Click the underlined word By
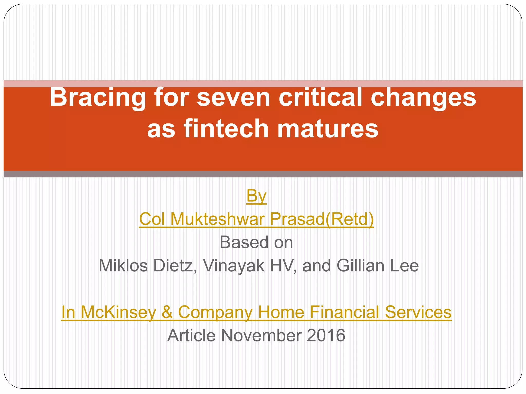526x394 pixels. [x=256, y=196]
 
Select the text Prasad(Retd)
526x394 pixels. [x=322, y=219]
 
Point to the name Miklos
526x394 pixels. [x=123, y=266]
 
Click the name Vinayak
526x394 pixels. [x=233, y=266]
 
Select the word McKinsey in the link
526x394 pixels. [x=118, y=312]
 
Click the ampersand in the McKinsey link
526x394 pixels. [x=167, y=312]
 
